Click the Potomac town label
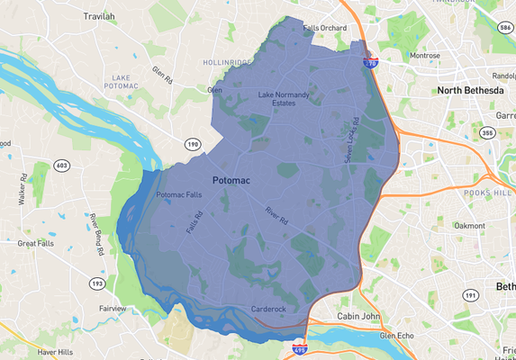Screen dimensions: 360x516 click(x=231, y=181)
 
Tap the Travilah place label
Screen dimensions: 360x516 click(x=101, y=16)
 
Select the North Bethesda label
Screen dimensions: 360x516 click(x=473, y=90)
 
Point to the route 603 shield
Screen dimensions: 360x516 click(x=61, y=165)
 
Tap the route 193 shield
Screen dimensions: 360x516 click(x=96, y=283)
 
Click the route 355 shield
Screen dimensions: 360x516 click(x=487, y=134)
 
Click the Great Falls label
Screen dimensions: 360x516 click(x=36, y=243)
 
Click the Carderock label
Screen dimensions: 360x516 click(x=268, y=309)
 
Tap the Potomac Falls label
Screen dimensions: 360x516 click(x=179, y=195)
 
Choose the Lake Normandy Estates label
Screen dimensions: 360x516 click(x=284, y=98)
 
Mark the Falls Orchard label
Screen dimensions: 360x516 click(x=324, y=28)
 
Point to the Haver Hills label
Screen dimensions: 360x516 click(x=55, y=352)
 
